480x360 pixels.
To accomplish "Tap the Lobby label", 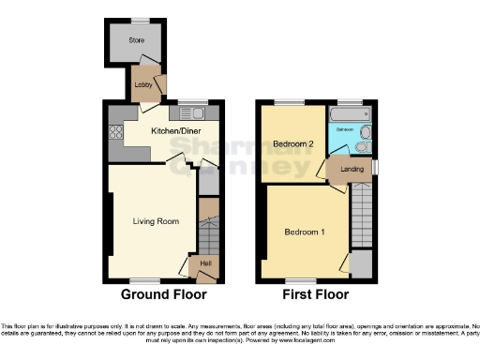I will pyautogui.click(x=143, y=84).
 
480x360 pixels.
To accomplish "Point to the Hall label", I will pyautogui.click(x=204, y=263).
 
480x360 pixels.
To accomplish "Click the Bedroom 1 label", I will pyautogui.click(x=305, y=232).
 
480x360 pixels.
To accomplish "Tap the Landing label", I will pyautogui.click(x=352, y=169).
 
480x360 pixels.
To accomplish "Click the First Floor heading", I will pyautogui.click(x=314, y=294).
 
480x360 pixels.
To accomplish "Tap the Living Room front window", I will pyautogui.click(x=142, y=280).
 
